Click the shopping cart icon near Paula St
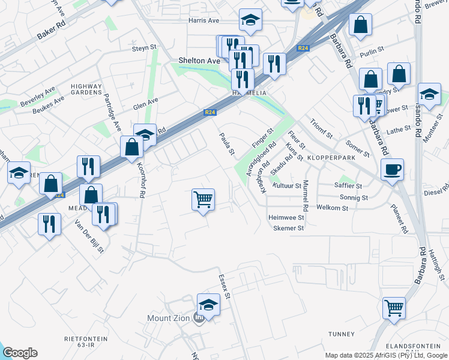pos(203,199)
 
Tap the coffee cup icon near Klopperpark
pos(392,169)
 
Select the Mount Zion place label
pos(169,318)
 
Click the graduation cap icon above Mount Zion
pos(208,304)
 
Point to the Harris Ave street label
pos(204,20)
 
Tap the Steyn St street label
pos(144,47)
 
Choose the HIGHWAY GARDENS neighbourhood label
pos(86,90)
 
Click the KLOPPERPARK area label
pos(331,157)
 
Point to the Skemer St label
pos(289,228)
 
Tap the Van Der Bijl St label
pos(89,236)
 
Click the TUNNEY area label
pos(342,334)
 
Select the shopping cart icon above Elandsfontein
pos(394,308)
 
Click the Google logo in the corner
pos(20,353)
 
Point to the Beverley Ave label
pos(37,96)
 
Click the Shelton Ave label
pos(199,61)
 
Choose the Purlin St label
pos(372,53)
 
